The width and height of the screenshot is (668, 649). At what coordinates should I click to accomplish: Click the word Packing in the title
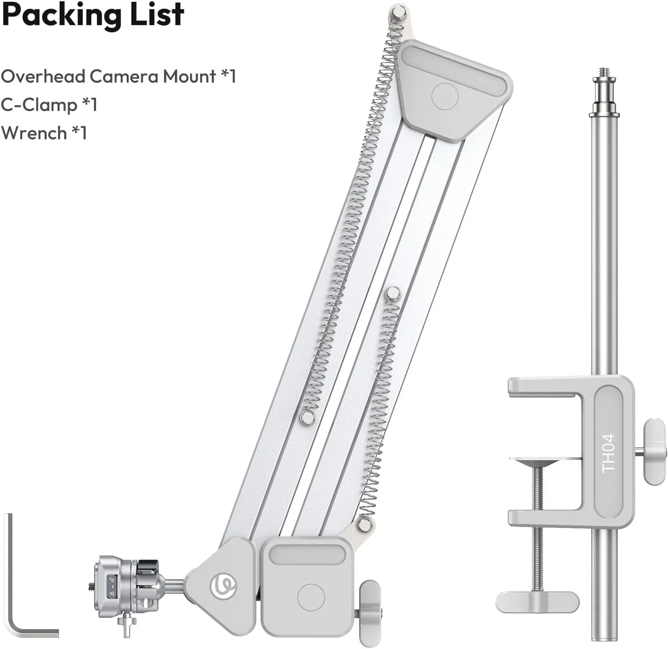(x=61, y=16)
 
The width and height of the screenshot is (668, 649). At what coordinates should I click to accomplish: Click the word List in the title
(x=156, y=14)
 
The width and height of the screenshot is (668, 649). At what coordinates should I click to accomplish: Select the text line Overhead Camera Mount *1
(x=119, y=76)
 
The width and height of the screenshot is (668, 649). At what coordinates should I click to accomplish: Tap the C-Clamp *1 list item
(x=49, y=104)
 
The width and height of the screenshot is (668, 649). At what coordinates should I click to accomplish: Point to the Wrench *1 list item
(x=44, y=133)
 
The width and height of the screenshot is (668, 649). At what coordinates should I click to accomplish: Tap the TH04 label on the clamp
(x=608, y=453)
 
